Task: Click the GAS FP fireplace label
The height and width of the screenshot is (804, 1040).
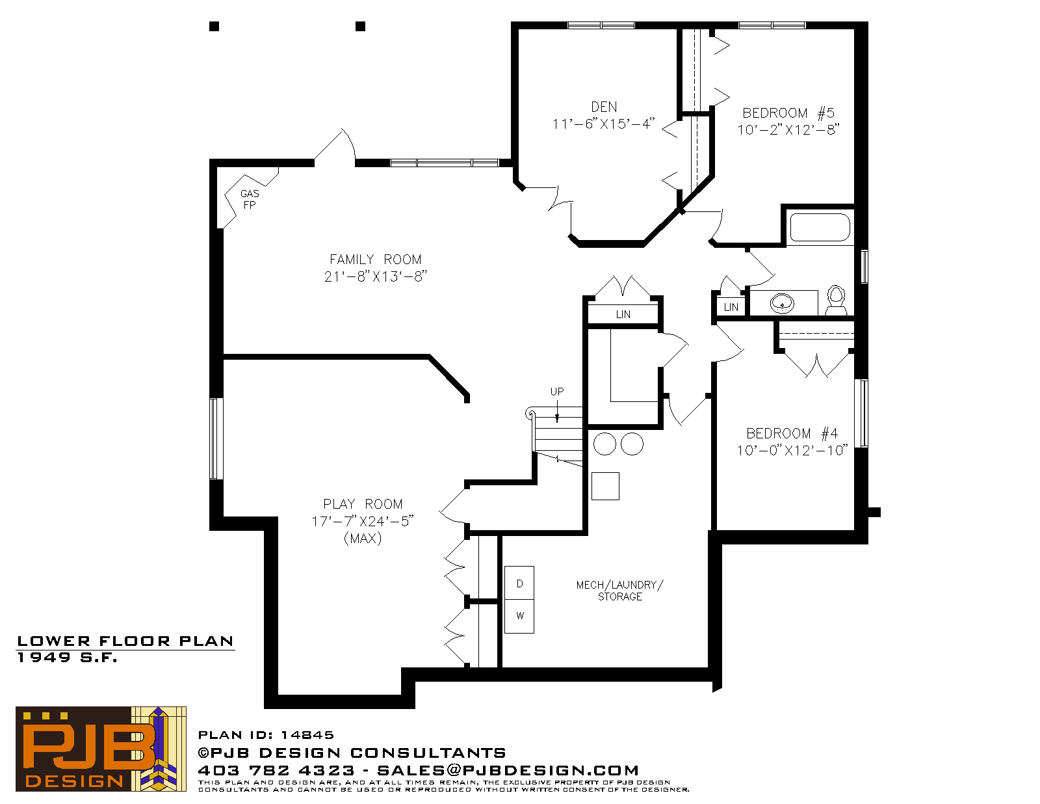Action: (x=250, y=199)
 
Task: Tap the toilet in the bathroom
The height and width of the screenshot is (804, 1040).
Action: (x=836, y=301)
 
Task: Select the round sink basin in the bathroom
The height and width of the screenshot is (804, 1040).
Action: (x=782, y=303)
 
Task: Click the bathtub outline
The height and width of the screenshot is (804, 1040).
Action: (x=820, y=227)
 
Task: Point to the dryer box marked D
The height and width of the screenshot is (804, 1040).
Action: (x=519, y=583)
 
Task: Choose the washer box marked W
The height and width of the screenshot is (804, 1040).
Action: (x=519, y=616)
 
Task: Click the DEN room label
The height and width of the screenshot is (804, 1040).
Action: (x=604, y=107)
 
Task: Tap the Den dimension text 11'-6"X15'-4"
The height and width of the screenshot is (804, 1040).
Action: (x=603, y=124)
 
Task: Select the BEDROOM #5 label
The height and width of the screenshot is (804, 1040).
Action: (x=788, y=113)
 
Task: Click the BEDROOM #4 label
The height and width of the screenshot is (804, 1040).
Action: (x=792, y=433)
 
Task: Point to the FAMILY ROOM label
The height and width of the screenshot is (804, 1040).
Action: (x=376, y=260)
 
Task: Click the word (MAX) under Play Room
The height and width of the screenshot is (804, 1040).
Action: (x=363, y=539)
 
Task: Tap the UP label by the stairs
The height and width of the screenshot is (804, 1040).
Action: (x=557, y=392)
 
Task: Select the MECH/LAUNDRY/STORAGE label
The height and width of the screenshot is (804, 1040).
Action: (x=620, y=591)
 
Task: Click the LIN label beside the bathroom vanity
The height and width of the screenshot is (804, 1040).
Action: (x=731, y=308)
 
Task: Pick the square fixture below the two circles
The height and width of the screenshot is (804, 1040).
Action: (x=605, y=486)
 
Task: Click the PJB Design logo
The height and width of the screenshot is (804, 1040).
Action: (x=101, y=749)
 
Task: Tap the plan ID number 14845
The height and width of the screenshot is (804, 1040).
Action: (x=307, y=735)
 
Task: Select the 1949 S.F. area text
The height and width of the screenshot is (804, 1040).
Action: (x=67, y=658)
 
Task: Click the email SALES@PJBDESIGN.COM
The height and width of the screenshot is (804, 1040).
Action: (x=508, y=770)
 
